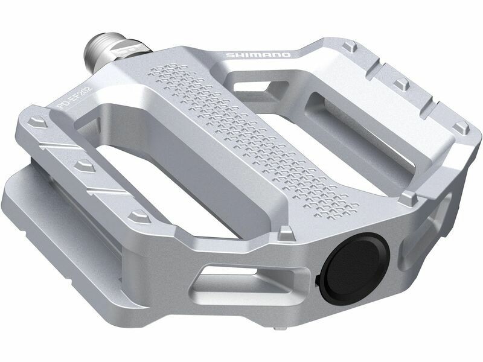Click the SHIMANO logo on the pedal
click(258, 55)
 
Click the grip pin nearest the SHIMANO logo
click(350, 46)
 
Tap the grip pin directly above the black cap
click(286, 232)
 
